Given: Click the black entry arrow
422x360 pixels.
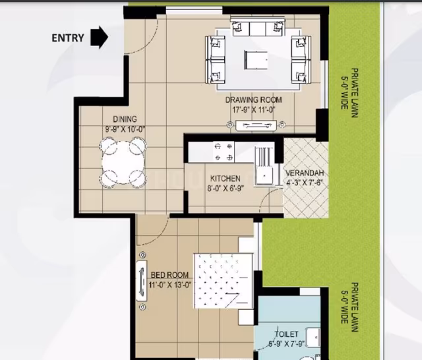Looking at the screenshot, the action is pos(100,37).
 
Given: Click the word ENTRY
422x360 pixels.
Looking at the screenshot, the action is pos(68,38).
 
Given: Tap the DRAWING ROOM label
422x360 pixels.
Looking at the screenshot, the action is pos(253,100).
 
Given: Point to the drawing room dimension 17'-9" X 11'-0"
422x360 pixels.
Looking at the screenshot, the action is pos(253,109).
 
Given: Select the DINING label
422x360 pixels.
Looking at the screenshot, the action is pos(125,119).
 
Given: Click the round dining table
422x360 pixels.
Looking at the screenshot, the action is pos(123,162).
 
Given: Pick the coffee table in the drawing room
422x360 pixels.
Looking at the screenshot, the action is pos(256,59).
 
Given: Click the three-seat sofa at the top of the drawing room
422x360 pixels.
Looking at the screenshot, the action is pos(258,26).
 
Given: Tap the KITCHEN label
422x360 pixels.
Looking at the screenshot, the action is pos(226,179).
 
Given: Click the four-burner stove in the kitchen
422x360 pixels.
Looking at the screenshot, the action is pos(224,152).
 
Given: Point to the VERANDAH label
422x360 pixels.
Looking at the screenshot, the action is pos(305,173).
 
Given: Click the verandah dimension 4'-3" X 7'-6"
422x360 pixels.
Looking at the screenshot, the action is pos(304,183).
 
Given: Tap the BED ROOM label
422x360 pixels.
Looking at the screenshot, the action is pos(169,275).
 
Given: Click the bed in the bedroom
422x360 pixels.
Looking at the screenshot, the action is pos(224,281).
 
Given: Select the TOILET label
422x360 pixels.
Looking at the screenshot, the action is pos(287,334).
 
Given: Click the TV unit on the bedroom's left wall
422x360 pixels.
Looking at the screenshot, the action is pos(142,280).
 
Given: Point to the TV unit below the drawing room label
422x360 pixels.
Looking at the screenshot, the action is pos(256,125).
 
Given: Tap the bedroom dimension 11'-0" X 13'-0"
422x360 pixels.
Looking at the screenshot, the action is pos(170,285).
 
